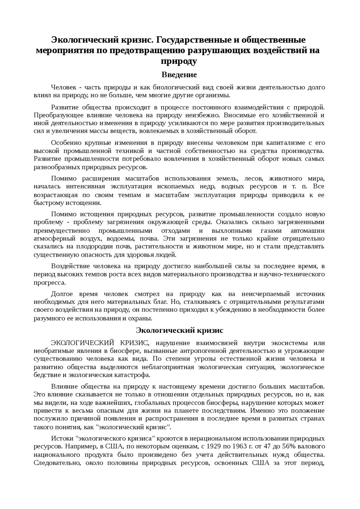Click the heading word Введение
pos(179,75)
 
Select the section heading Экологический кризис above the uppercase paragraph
pos(179,330)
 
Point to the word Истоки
pos(62,438)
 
